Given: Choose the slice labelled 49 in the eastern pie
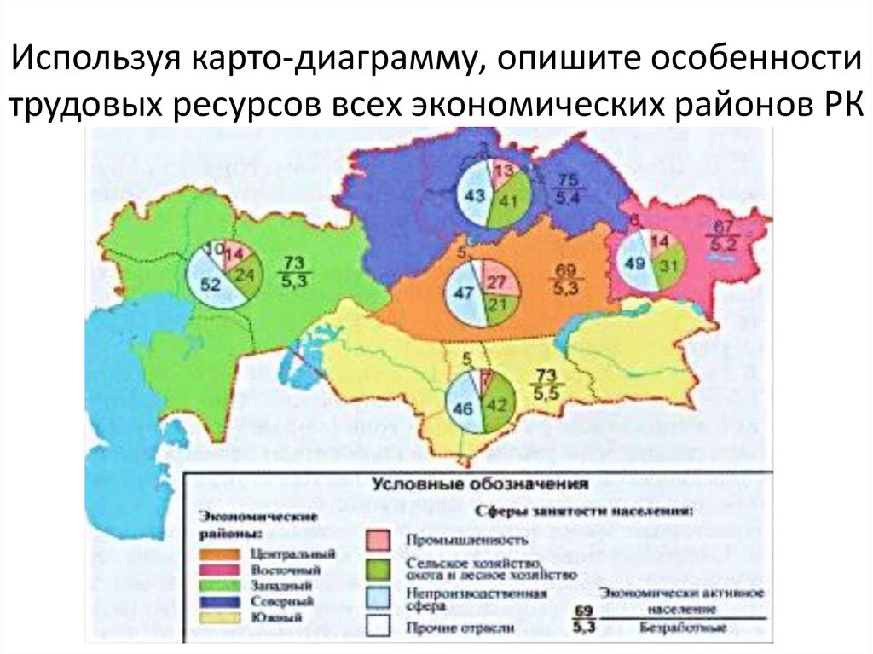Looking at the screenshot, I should tap(636, 263).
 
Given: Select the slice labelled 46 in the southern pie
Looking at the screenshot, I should tap(463, 408).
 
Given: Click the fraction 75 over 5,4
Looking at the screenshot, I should tap(569, 189).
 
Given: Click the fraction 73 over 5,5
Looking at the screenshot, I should tap(546, 385).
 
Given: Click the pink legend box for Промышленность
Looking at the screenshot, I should tap(379, 539).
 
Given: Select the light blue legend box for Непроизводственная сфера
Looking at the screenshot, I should tap(379, 597).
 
